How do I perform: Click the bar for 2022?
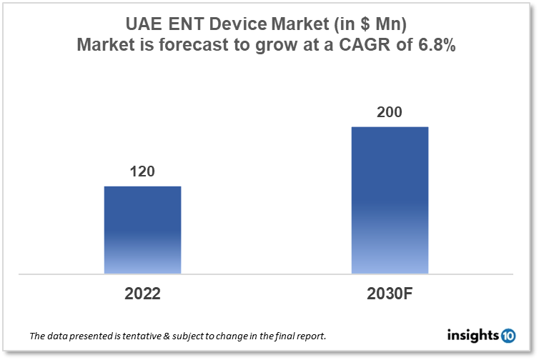click(142, 229)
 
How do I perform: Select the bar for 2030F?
click(390, 200)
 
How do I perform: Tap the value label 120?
click(142, 171)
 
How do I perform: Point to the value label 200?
click(390, 112)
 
